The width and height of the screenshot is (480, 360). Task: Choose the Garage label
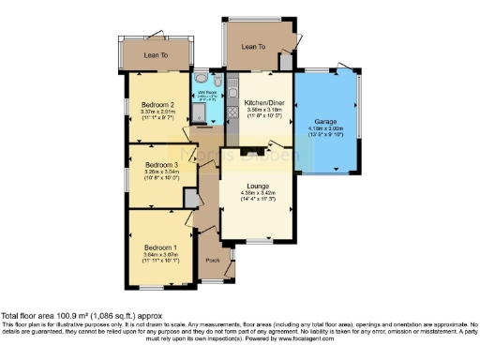click(x=325, y=122)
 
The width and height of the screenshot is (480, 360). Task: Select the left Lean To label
click(x=156, y=55)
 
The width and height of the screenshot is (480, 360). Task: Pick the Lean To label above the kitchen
click(x=253, y=46)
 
